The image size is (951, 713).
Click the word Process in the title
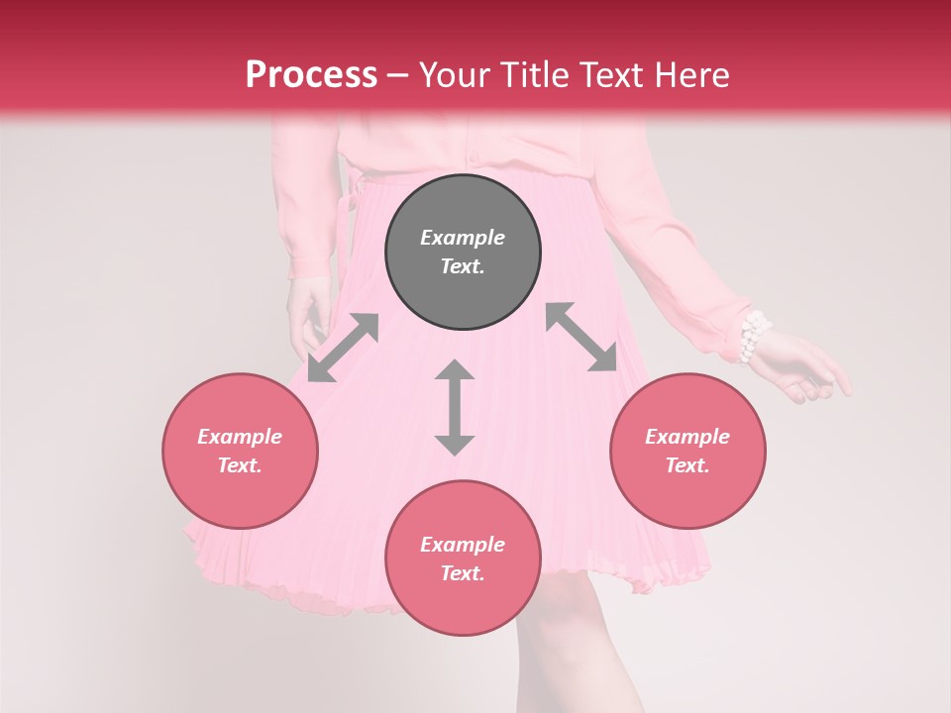[311, 75]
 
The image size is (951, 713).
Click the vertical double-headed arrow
[455, 407]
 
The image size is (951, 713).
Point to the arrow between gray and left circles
[343, 348]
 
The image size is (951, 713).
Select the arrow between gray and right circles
[581, 337]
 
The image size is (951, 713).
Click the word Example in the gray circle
[463, 238]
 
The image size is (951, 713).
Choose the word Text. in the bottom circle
[463, 573]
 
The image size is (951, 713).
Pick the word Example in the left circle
[240, 437]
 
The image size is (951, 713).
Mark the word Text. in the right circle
[687, 465]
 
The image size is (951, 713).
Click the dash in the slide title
[398, 76]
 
